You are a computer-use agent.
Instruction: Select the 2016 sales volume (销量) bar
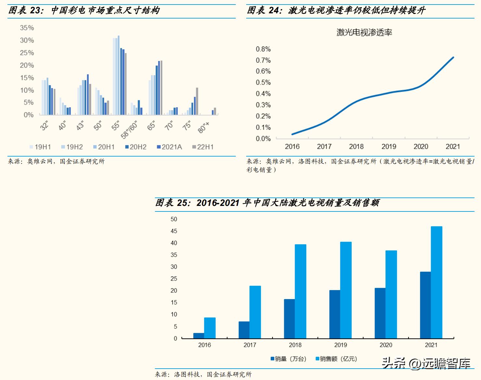199,336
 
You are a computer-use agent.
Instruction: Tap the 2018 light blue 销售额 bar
300,291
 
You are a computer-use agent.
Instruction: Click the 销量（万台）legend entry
288,359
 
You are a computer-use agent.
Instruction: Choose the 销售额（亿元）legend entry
336,359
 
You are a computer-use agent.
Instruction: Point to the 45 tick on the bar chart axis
174,231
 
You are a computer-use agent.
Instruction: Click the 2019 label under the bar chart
340,345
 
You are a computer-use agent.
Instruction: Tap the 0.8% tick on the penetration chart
263,49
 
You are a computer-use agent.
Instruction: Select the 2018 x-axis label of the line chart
356,146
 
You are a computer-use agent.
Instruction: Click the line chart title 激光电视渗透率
364,32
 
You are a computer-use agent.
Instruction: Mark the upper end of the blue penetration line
453,57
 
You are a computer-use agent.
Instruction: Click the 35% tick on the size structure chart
27,28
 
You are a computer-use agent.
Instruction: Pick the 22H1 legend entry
203,147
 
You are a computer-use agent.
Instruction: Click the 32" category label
44,125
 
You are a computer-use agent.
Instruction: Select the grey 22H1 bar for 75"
197,101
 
